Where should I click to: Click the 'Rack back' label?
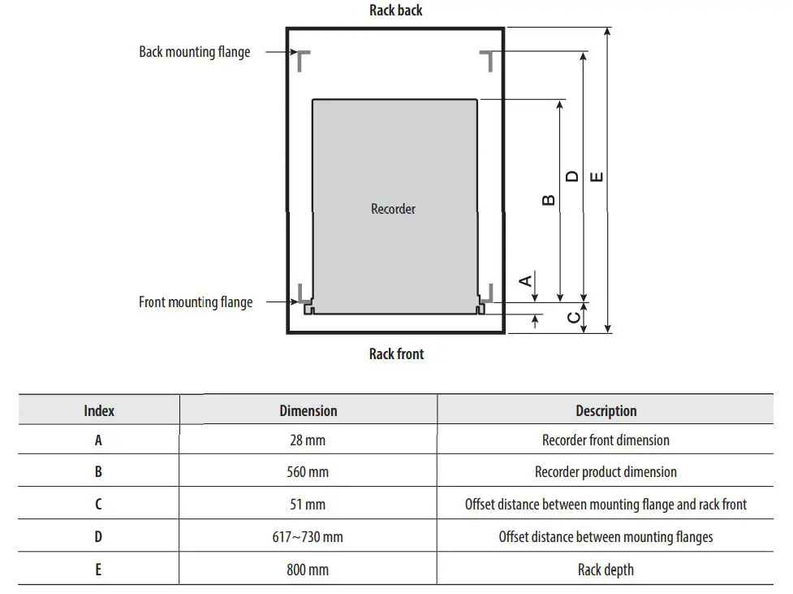pos(396,11)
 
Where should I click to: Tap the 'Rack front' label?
pos(396,353)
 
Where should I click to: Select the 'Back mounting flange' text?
pos(195,52)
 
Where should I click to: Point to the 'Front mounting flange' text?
pos(196,302)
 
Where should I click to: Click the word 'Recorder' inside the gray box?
pos(393,209)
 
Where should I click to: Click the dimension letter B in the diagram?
pos(548,200)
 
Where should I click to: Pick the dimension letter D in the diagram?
pos(572,176)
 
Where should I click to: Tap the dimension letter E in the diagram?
pos(597,176)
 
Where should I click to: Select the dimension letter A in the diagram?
pos(526,280)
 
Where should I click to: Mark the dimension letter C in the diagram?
pos(574,317)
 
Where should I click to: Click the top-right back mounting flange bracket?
pos(487,59)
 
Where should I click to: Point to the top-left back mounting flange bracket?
pos(303,59)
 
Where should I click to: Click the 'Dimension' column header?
pos(308,410)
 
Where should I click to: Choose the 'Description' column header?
pos(606,410)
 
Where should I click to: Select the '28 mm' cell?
pos(308,440)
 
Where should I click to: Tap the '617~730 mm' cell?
pos(308,537)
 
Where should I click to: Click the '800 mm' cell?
pos(308,570)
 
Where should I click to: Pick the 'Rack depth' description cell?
pos(606,570)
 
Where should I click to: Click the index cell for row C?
pos(98,505)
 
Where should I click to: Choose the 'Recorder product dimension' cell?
pos(606,472)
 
